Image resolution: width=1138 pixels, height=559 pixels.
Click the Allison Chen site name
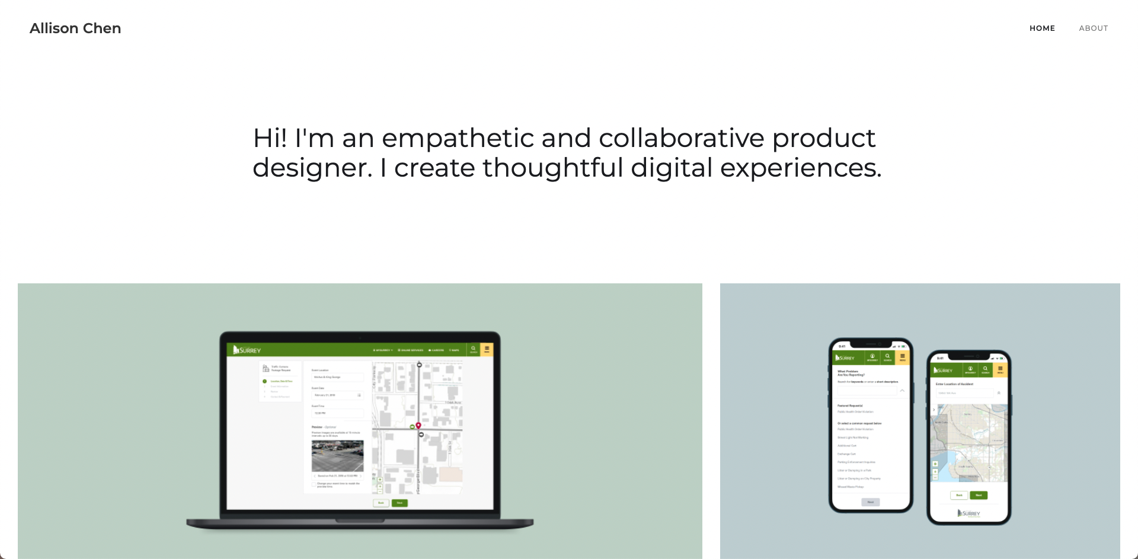click(x=75, y=28)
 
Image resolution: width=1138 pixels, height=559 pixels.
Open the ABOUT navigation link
click(x=1093, y=28)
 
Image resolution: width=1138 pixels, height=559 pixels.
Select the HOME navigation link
click(x=1042, y=28)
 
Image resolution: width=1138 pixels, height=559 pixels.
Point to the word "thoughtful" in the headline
click(x=552, y=168)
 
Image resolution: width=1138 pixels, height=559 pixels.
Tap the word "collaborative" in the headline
click(x=682, y=138)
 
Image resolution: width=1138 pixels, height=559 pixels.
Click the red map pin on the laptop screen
click(x=418, y=425)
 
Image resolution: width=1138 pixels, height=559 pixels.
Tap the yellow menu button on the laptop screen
click(x=487, y=350)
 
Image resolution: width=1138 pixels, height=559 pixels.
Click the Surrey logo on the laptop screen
click(x=247, y=350)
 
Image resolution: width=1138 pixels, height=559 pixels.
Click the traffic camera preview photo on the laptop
click(x=337, y=455)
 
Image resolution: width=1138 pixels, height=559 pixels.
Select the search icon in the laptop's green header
click(x=473, y=349)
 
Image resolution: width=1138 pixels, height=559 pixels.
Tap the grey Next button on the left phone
click(x=870, y=502)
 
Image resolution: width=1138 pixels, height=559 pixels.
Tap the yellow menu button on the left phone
click(x=903, y=357)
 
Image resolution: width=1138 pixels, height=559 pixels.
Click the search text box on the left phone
click(x=867, y=391)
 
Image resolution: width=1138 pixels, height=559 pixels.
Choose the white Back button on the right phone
click(x=959, y=495)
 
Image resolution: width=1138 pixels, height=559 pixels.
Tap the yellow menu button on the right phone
click(x=1000, y=370)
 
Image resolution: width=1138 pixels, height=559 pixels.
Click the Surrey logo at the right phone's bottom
click(x=969, y=513)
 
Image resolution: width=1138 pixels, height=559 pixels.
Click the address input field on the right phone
click(x=964, y=393)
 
